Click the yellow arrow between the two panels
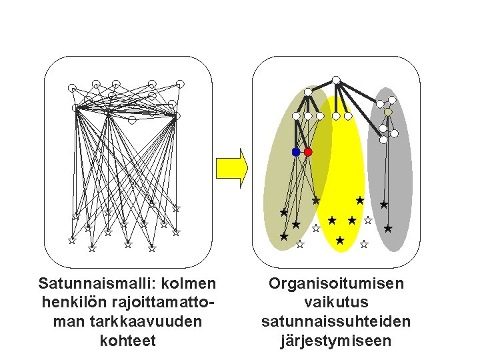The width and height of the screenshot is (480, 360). (233, 167)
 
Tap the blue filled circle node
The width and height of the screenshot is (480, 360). (296, 152)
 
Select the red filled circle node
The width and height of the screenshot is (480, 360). (308, 152)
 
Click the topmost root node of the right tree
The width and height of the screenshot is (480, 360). (337, 80)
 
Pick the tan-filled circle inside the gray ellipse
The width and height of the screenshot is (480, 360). (388, 112)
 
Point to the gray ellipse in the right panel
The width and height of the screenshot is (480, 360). (391, 173)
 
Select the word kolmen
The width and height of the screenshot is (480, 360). (188, 283)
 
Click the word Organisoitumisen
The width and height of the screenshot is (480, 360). (336, 283)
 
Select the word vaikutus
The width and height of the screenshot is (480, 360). (336, 303)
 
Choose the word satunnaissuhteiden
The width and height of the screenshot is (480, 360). (336, 322)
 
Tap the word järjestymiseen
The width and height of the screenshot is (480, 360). (336, 341)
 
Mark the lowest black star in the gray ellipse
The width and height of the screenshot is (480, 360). (388, 229)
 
